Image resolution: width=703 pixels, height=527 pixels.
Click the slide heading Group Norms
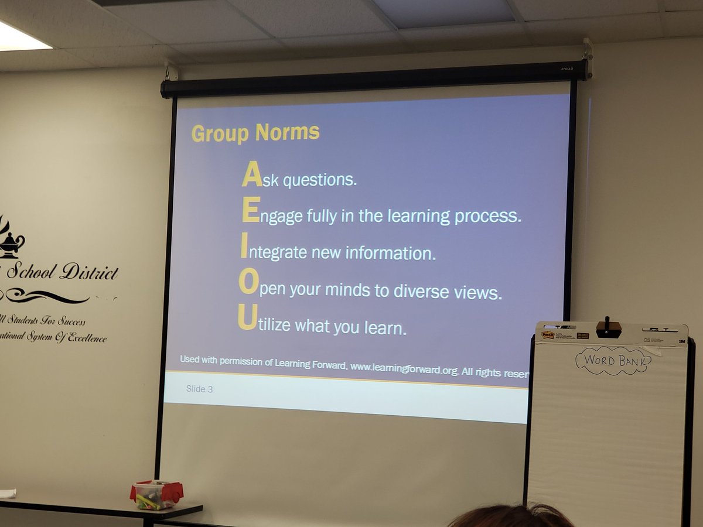[255, 133]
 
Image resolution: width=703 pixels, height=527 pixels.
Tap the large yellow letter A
[251, 174]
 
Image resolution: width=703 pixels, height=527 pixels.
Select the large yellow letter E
[250, 211]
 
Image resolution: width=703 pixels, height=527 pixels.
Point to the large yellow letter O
[248, 283]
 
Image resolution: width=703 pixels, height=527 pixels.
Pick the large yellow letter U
[247, 319]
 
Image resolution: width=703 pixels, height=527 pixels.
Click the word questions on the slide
[319, 180]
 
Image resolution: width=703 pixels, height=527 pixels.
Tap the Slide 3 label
[199, 389]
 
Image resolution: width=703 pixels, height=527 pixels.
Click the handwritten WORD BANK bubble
[613, 360]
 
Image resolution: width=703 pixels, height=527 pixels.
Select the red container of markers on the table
[156, 495]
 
